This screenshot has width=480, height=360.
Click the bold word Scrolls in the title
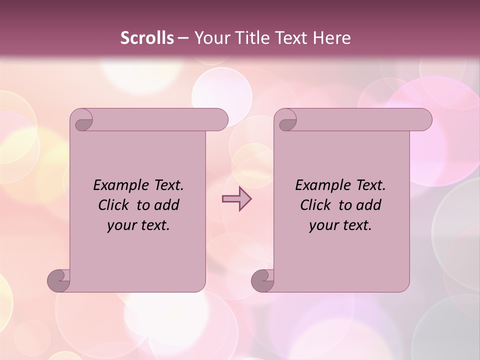pyautogui.click(x=147, y=37)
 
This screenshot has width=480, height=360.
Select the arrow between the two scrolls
pyautogui.click(x=236, y=199)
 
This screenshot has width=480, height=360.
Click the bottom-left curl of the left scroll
pyautogui.click(x=58, y=280)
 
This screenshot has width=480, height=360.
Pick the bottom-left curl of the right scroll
pyautogui.click(x=262, y=280)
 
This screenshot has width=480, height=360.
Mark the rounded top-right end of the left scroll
pyautogui.click(x=220, y=119)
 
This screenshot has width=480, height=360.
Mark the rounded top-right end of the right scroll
pyautogui.click(x=424, y=119)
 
